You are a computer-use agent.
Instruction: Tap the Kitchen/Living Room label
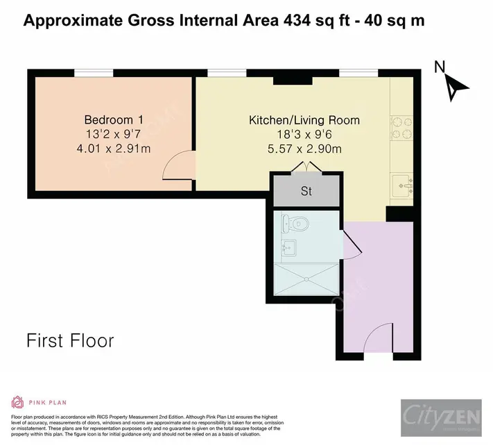coord(304,120)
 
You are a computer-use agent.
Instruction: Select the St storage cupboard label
coord(306,191)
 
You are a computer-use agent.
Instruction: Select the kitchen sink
coord(403,185)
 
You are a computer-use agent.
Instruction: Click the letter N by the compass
coord(438,67)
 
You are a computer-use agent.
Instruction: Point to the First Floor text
coord(70,341)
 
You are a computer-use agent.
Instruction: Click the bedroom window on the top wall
coord(94,72)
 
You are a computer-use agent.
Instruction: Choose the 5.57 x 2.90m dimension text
coord(304,148)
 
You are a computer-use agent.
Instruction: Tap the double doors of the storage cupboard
coord(306,167)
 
